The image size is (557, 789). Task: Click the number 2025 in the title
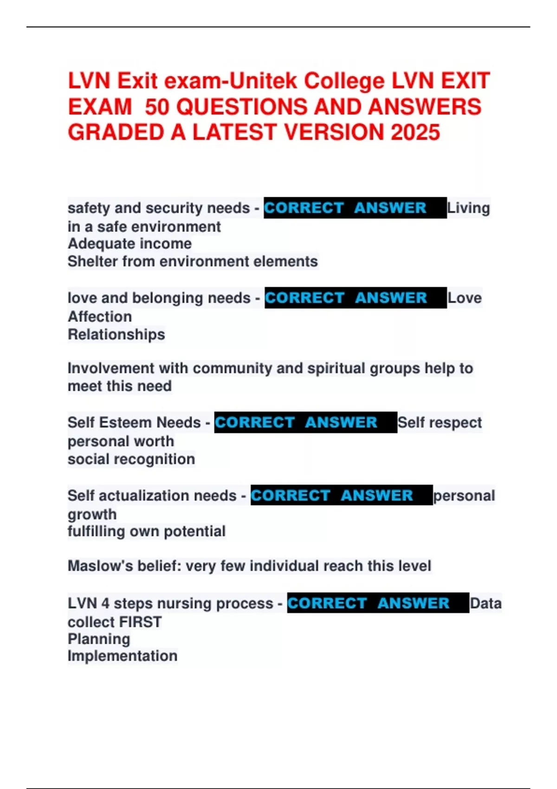(415, 132)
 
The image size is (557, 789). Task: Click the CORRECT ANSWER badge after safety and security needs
(355, 208)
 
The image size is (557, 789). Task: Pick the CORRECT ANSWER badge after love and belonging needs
(355, 298)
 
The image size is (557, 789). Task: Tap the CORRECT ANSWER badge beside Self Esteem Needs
(305, 422)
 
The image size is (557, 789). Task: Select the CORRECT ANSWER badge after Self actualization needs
(341, 496)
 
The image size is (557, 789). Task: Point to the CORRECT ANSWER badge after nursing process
(378, 603)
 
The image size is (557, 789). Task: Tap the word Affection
(100, 317)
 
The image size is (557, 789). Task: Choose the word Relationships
(116, 335)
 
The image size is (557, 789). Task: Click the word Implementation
(123, 656)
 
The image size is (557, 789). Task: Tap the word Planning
(99, 639)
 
